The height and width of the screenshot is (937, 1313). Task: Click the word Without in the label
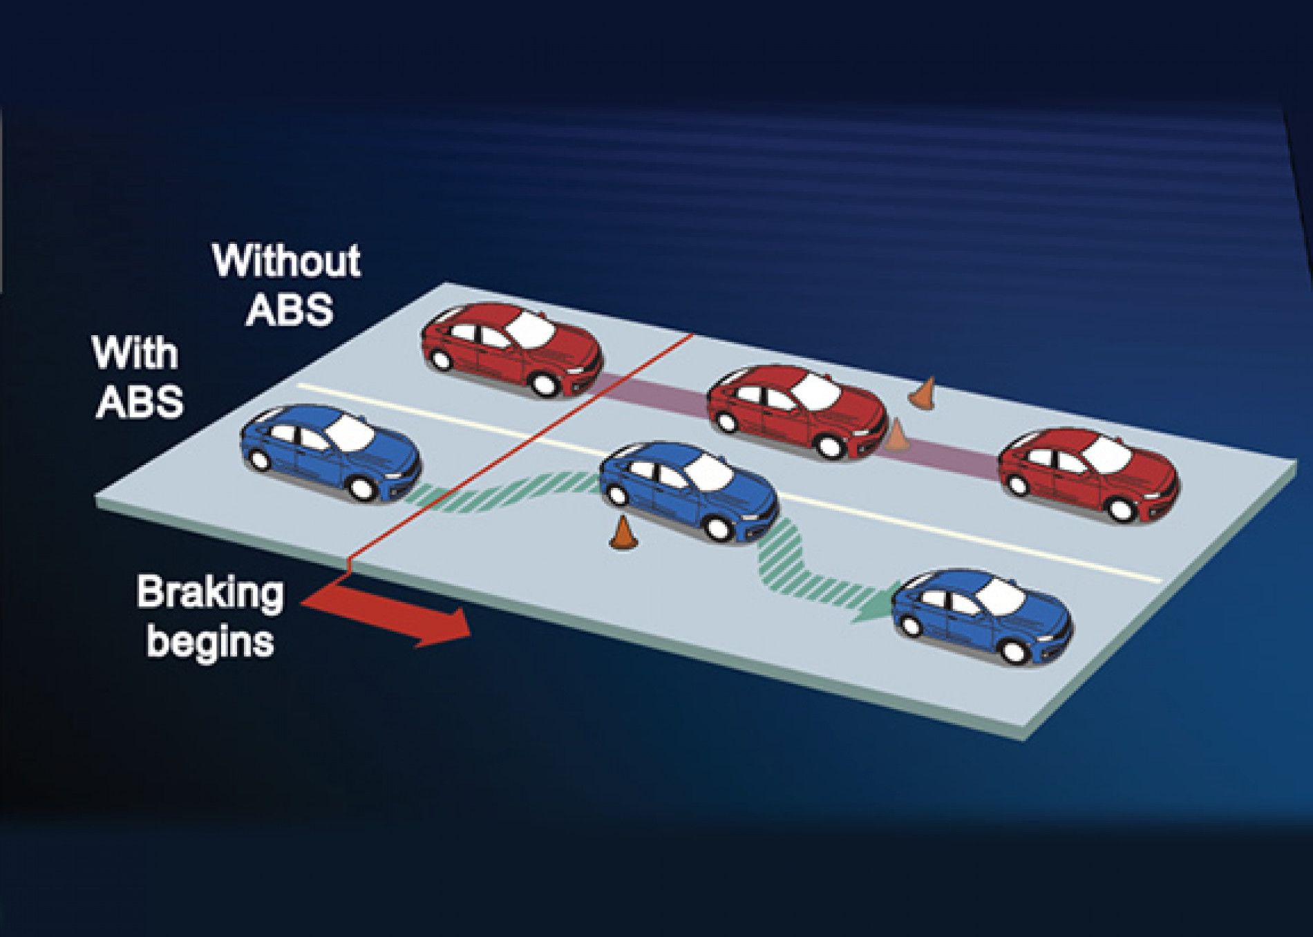click(x=287, y=261)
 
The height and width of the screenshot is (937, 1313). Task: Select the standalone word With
click(x=135, y=353)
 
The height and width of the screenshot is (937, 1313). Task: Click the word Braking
click(x=210, y=593)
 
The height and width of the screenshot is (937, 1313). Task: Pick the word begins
click(x=211, y=641)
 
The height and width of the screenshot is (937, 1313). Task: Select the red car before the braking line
click(x=511, y=349)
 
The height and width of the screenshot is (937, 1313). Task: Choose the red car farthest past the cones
click(x=1088, y=473)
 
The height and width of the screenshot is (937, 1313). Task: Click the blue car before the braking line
click(x=330, y=452)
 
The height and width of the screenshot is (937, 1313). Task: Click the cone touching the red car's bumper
click(x=896, y=436)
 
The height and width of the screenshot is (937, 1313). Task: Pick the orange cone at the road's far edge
click(x=923, y=392)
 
